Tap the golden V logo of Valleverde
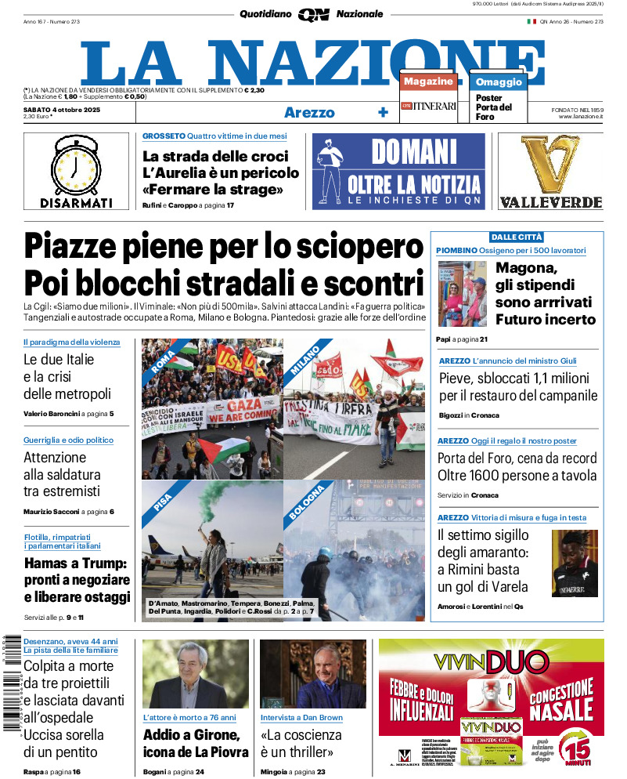[x=551, y=165]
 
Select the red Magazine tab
[x=428, y=81]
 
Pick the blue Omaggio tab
[x=499, y=82]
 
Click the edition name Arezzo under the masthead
[x=308, y=112]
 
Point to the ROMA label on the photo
[x=163, y=361]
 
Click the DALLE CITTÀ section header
[x=516, y=237]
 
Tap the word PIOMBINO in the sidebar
[x=456, y=250]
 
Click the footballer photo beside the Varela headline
[x=575, y=563]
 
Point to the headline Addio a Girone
[x=191, y=735]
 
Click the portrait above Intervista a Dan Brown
[x=312, y=674]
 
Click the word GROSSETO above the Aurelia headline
[x=164, y=136]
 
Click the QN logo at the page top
[x=313, y=14]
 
